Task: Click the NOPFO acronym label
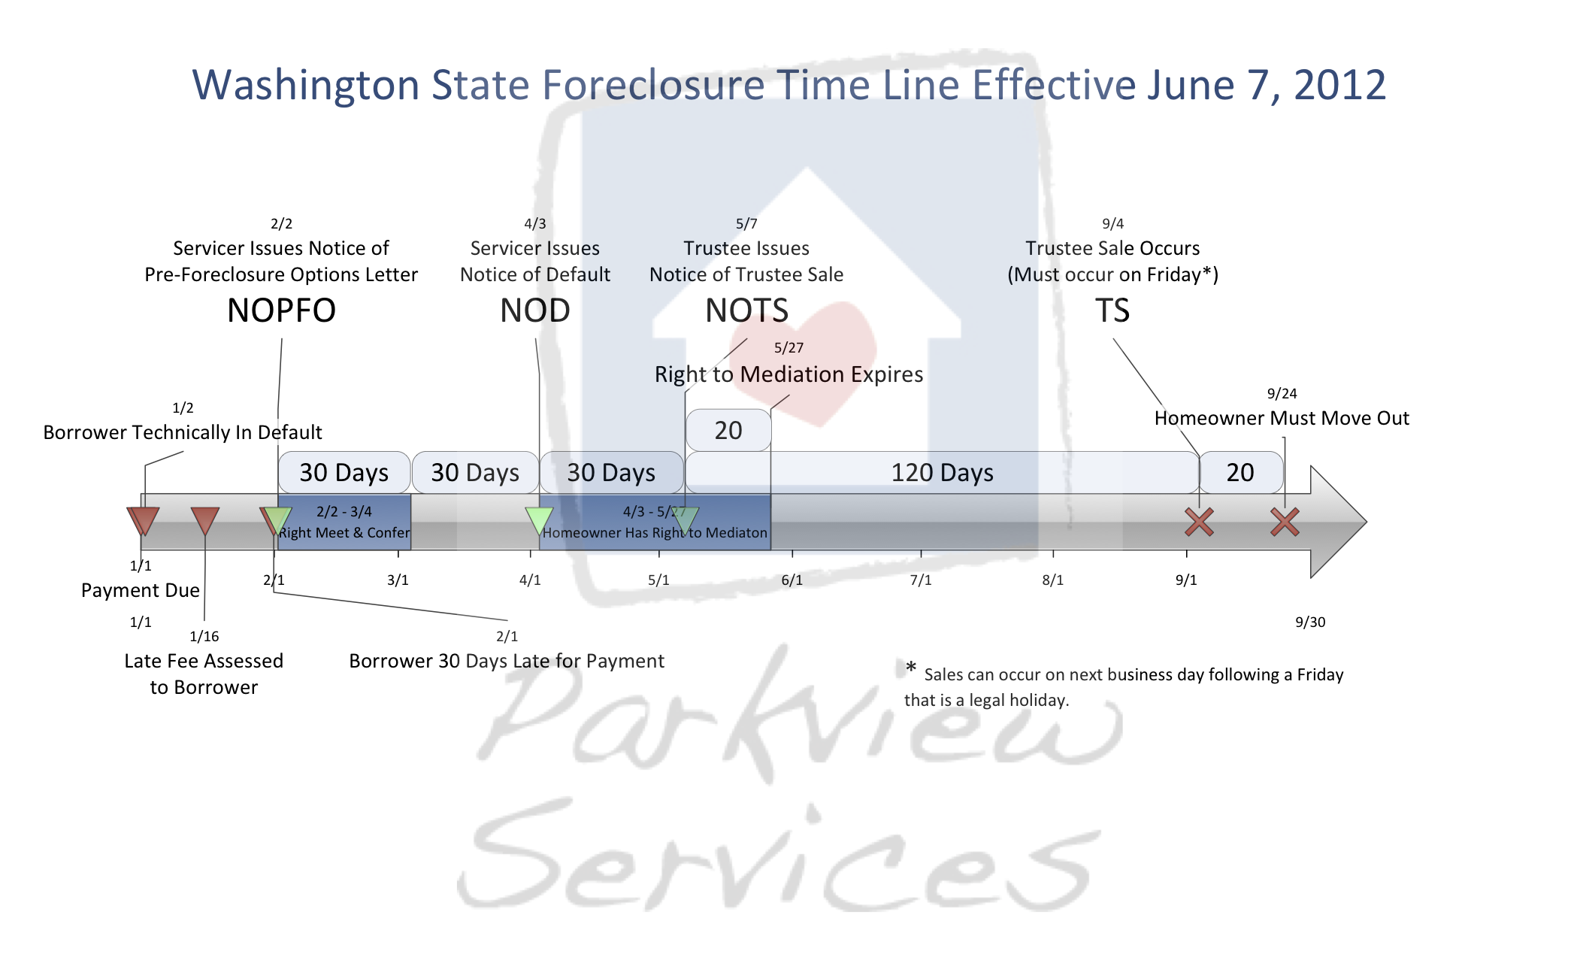point(281,310)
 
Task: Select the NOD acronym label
point(535,310)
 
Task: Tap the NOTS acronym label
point(746,310)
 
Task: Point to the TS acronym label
point(1112,310)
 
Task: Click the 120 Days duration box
point(942,472)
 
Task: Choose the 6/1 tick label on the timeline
point(792,580)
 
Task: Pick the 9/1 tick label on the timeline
point(1186,580)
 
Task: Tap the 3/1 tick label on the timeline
point(398,580)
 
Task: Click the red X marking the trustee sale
point(1199,522)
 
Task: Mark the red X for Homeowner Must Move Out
point(1285,522)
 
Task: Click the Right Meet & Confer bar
point(344,522)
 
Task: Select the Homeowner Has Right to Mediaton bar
point(655,522)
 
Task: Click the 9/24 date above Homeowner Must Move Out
point(1282,393)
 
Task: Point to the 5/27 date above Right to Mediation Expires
point(788,347)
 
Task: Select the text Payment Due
point(141,590)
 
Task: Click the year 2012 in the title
point(1339,84)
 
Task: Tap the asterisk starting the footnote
point(911,667)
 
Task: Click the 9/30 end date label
point(1310,622)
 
